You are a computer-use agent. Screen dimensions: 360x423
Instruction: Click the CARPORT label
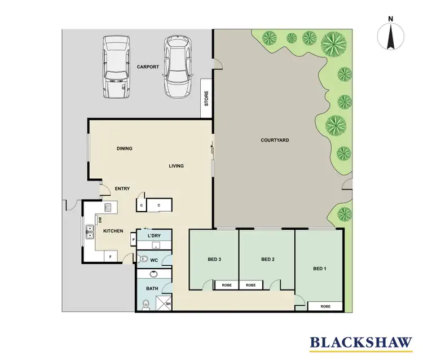(148, 67)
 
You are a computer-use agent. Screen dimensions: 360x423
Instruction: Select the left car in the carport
(117, 68)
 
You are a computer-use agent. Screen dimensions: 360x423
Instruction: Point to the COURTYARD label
(275, 140)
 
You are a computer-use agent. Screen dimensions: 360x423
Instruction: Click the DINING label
(124, 149)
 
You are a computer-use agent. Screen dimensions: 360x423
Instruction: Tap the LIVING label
(177, 166)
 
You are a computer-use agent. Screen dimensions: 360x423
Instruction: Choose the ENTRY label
(122, 188)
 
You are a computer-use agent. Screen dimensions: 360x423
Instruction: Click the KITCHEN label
(113, 231)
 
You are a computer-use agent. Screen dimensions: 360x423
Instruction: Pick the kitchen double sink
(90, 230)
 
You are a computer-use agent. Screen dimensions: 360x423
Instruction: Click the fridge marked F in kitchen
(111, 257)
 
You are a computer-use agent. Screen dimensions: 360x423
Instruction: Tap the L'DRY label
(154, 235)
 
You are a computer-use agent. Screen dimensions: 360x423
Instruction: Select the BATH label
(152, 288)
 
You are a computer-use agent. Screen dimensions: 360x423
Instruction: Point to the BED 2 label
(267, 260)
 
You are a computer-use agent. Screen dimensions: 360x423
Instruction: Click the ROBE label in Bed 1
(325, 306)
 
